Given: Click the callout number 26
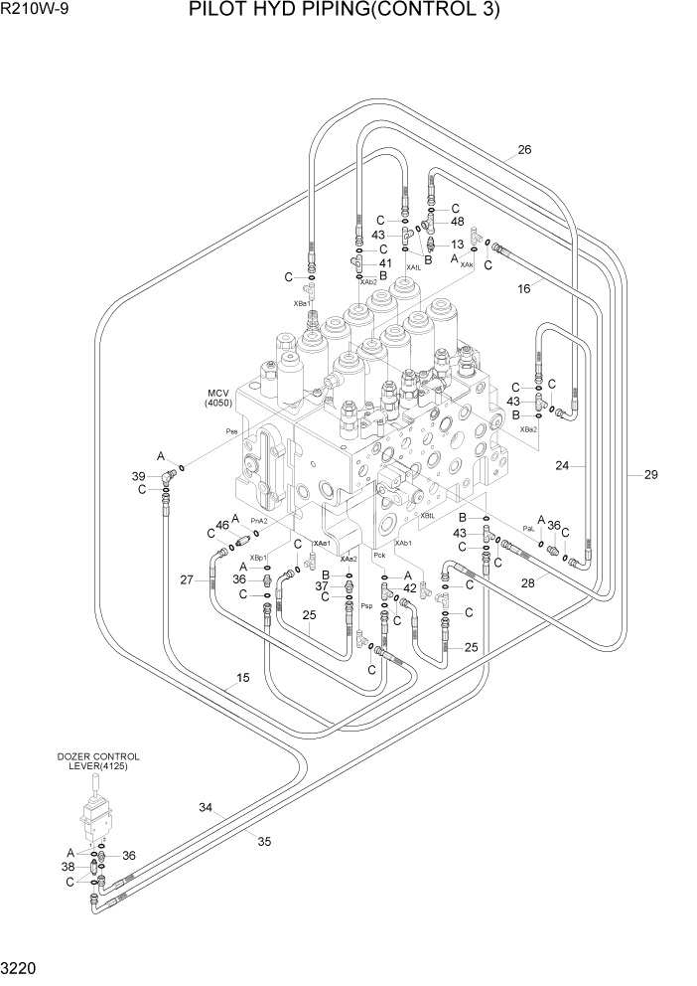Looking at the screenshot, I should pyautogui.click(x=524, y=151).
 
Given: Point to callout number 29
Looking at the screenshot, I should pyautogui.click(x=650, y=475).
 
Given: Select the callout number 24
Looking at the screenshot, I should pyautogui.click(x=562, y=464).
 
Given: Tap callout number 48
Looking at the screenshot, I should pyautogui.click(x=457, y=222).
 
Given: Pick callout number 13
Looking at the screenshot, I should pyautogui.click(x=457, y=244).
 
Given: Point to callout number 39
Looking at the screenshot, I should pyautogui.click(x=140, y=477).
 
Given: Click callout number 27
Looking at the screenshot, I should pyautogui.click(x=186, y=579).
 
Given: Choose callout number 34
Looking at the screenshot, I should pyautogui.click(x=206, y=807).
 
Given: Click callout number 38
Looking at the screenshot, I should pyautogui.click(x=69, y=866).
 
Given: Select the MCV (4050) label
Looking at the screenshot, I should pyautogui.click(x=218, y=397).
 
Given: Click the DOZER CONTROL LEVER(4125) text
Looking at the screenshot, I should pyautogui.click(x=97, y=761).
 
